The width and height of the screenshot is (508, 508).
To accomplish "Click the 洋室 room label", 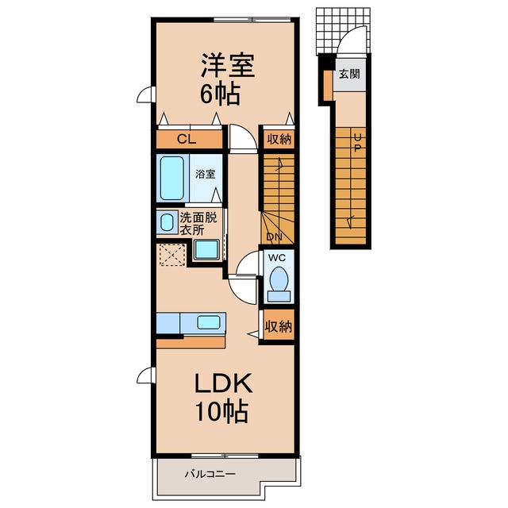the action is (x=228, y=65).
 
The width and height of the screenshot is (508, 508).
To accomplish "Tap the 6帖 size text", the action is (x=220, y=94).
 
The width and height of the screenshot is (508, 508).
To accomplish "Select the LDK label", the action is (x=223, y=383).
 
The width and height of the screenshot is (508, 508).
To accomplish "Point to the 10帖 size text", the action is (x=221, y=411).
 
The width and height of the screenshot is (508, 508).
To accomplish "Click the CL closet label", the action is (x=187, y=140).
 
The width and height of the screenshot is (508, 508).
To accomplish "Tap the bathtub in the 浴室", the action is (x=171, y=178).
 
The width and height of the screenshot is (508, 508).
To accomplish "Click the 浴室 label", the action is (x=205, y=174).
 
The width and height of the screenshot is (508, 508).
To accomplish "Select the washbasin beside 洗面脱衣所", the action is (x=167, y=222).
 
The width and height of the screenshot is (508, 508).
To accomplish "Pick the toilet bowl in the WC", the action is (x=279, y=279).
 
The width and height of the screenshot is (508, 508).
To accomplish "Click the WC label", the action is (x=277, y=257).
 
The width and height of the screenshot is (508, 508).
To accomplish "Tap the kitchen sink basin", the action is (x=209, y=323).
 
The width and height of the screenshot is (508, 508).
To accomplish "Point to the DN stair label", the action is (x=274, y=237).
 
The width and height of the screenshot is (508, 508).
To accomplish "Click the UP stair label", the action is (x=358, y=143).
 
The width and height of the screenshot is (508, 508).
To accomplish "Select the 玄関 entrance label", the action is (x=349, y=74).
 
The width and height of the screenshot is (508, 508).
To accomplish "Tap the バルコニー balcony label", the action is (x=210, y=475).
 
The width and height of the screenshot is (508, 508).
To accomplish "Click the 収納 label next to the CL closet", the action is (x=279, y=140).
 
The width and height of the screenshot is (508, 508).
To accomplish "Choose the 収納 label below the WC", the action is (x=279, y=326).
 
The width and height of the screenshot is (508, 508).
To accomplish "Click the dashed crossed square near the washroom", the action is (x=172, y=255).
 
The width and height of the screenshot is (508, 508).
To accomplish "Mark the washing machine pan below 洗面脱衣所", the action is (x=207, y=249).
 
